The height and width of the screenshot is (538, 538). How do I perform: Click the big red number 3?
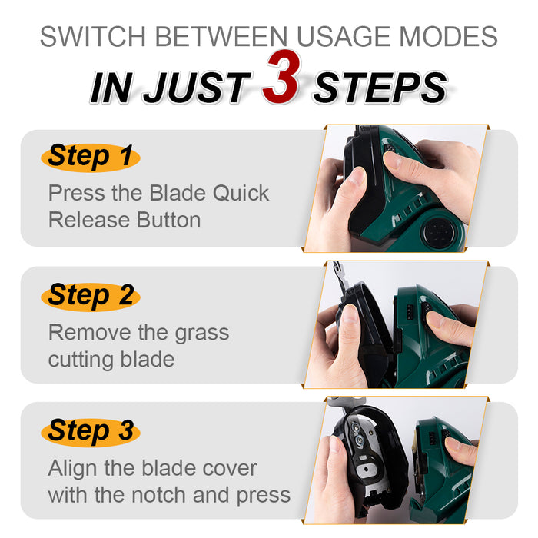[x=281, y=81]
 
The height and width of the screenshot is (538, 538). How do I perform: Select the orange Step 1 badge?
[x=90, y=157]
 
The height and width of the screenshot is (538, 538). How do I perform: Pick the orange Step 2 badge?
[x=90, y=295]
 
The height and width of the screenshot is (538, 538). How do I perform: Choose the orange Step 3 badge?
[x=90, y=431]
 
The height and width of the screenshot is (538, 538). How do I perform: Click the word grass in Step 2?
[x=198, y=332]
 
